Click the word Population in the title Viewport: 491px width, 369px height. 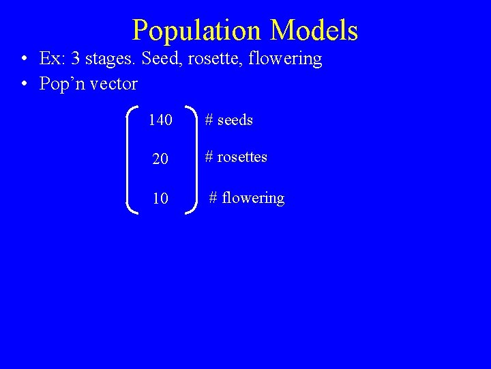(196, 31)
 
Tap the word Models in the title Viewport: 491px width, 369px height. (314, 31)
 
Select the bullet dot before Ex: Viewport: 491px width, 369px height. (25, 59)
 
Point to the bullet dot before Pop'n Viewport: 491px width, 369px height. (25, 85)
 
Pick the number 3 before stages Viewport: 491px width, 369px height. (76, 59)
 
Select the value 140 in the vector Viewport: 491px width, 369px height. (160, 120)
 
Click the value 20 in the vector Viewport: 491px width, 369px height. (160, 159)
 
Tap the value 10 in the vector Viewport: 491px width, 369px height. (160, 199)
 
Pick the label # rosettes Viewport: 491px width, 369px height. (236, 157)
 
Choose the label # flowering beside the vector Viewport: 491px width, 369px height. (246, 198)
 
